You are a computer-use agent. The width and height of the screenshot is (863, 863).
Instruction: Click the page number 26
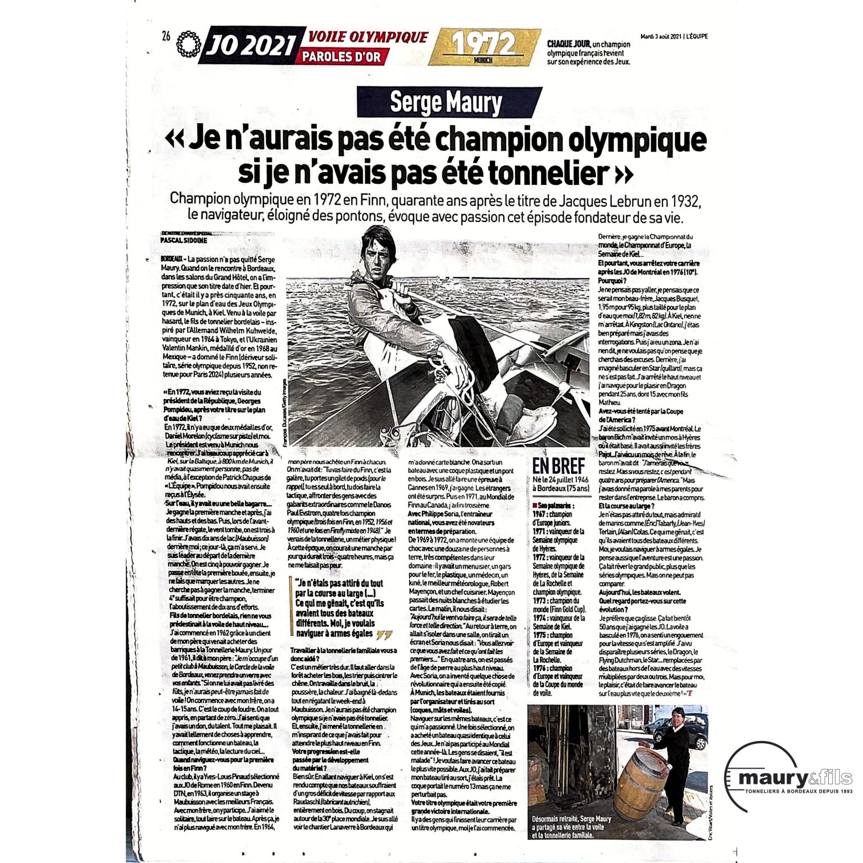tap(166, 37)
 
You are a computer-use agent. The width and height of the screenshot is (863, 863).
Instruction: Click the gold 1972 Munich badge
tap(484, 47)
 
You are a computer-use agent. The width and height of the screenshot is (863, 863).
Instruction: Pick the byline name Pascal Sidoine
tap(184, 240)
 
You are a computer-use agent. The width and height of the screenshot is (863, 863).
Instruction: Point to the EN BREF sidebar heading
tap(558, 466)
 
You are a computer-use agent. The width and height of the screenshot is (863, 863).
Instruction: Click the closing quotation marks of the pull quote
tap(384, 634)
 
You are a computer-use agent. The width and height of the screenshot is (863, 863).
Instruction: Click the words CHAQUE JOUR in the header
tap(569, 44)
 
